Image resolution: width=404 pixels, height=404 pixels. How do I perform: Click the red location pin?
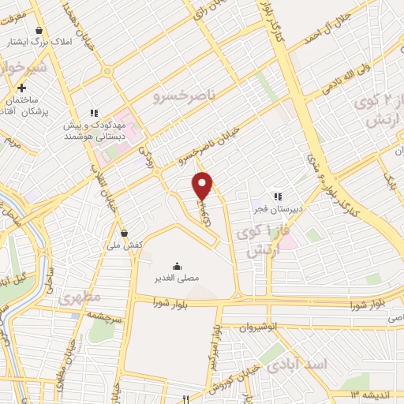pyautogui.click(x=204, y=185)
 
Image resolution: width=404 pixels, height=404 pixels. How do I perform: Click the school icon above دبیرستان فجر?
pyautogui.click(x=277, y=196)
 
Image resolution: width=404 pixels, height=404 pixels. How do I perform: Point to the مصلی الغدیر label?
pyautogui.click(x=176, y=278)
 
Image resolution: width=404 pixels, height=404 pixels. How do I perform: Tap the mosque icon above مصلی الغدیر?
pyautogui.click(x=176, y=265)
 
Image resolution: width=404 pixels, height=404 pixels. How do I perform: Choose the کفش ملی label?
pyautogui.click(x=125, y=245)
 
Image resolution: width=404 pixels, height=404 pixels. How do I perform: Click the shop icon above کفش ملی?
pyautogui.click(x=125, y=234)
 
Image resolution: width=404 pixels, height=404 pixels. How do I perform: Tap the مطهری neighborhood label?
pyautogui.click(x=80, y=301)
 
